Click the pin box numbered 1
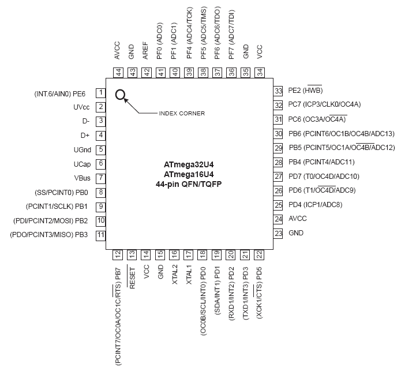pos(101,93)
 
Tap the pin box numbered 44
pos(118,73)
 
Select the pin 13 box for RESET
pos(132,254)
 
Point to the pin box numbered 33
pos(278,91)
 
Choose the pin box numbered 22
pos(259,254)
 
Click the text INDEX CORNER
pos(182,113)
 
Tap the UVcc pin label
pos(81,107)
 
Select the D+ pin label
pos(85,135)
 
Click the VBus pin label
pos(82,178)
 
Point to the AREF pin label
pos(145,51)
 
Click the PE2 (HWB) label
pos(305,91)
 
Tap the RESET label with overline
pos(132,278)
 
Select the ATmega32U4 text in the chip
pos(189,164)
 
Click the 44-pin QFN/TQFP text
pos(189,184)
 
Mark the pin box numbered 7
pos(101,178)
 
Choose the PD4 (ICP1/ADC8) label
pos(316,205)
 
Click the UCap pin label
pos(82,164)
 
